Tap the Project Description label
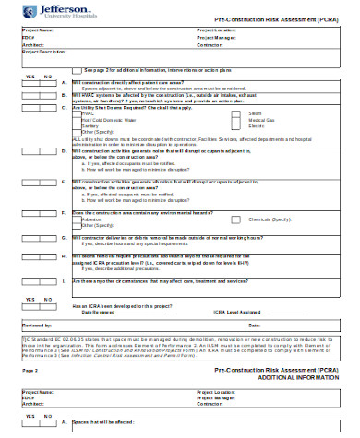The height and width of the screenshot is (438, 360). (x=42, y=52)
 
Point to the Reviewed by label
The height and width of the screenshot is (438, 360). (x=38, y=326)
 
